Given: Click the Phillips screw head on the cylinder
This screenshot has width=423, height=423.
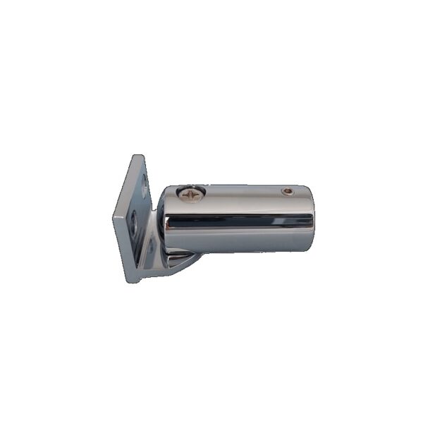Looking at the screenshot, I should pos(191,191).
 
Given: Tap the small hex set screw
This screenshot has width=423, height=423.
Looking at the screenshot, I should pos(287,191).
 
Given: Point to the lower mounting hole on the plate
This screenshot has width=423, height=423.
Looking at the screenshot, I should pos(134,224).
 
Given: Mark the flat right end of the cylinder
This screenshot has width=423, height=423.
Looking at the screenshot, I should pos(312,219).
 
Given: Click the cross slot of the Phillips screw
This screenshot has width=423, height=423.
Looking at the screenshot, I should pos(191,191).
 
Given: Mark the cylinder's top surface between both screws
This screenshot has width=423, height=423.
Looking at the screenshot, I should pos(240,192).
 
